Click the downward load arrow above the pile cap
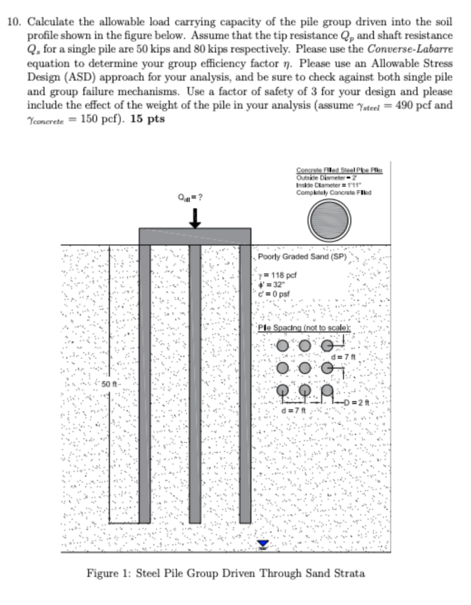[x=195, y=218]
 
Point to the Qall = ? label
[x=194, y=197]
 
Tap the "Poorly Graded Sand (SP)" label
[x=301, y=257]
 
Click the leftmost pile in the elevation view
[x=144, y=384]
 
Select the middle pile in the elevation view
[x=195, y=384]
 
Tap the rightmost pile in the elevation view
[x=245, y=384]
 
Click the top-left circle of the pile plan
[x=283, y=345]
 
